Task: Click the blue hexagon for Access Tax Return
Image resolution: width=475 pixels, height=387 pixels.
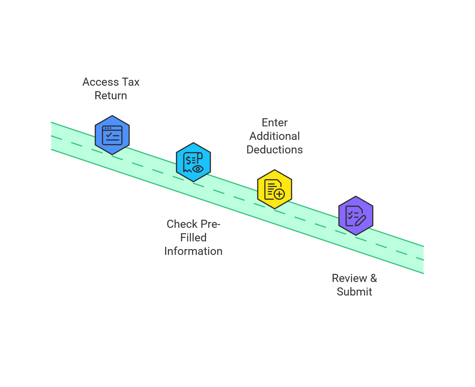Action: click(x=112, y=135)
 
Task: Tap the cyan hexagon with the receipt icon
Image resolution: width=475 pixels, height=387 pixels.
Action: click(x=193, y=162)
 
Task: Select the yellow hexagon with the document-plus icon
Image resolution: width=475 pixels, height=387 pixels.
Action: click(x=274, y=189)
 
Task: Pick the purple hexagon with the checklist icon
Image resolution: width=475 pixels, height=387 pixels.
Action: click(x=356, y=216)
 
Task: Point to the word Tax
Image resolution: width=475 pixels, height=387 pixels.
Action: click(x=131, y=82)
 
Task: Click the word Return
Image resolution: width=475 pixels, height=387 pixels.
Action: click(x=111, y=95)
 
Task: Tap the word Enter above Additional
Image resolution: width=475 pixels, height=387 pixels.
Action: click(x=275, y=122)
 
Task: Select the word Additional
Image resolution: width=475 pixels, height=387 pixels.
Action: click(x=275, y=136)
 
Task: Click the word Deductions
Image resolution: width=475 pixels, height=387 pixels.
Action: click(x=275, y=149)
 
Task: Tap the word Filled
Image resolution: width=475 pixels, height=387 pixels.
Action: click(x=193, y=238)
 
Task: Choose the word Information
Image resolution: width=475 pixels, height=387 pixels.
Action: click(x=193, y=251)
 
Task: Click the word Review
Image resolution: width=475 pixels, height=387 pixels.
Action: click(x=349, y=278)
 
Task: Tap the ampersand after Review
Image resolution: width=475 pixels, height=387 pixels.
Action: click(x=373, y=278)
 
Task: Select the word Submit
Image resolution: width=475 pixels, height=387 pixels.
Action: click(x=354, y=292)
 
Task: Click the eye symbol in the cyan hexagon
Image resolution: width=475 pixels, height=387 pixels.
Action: click(x=198, y=169)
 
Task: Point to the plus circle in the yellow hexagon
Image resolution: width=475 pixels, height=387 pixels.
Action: click(x=279, y=194)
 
